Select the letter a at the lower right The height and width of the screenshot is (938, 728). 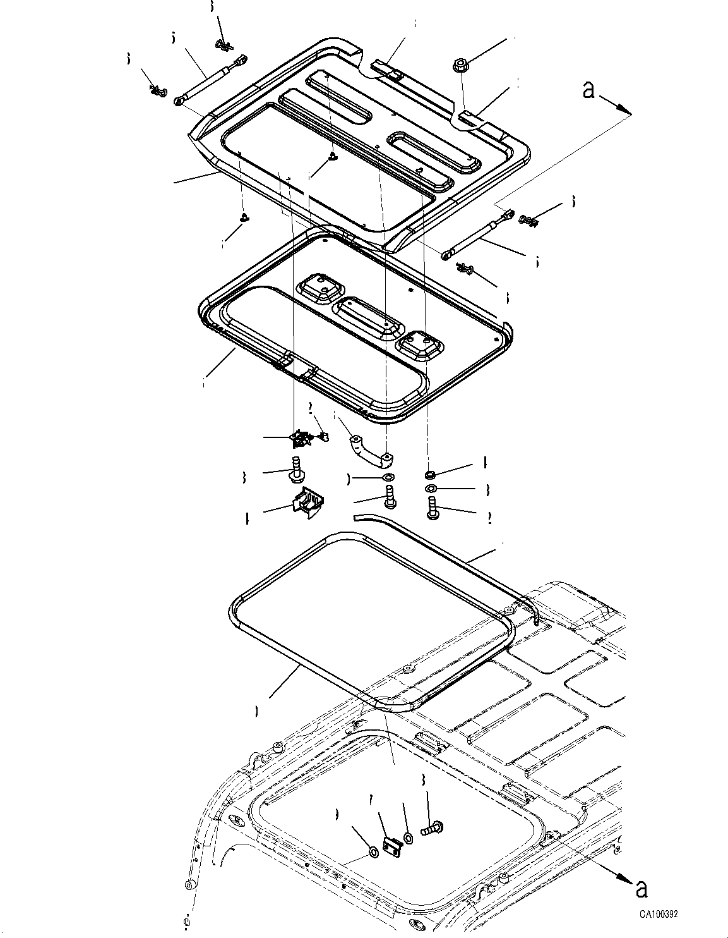[641, 889]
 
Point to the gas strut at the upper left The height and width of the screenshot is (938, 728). [210, 79]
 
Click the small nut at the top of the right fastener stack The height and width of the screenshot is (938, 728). [430, 474]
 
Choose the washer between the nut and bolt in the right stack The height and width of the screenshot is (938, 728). [430, 489]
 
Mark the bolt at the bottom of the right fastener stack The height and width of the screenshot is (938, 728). [433, 508]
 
